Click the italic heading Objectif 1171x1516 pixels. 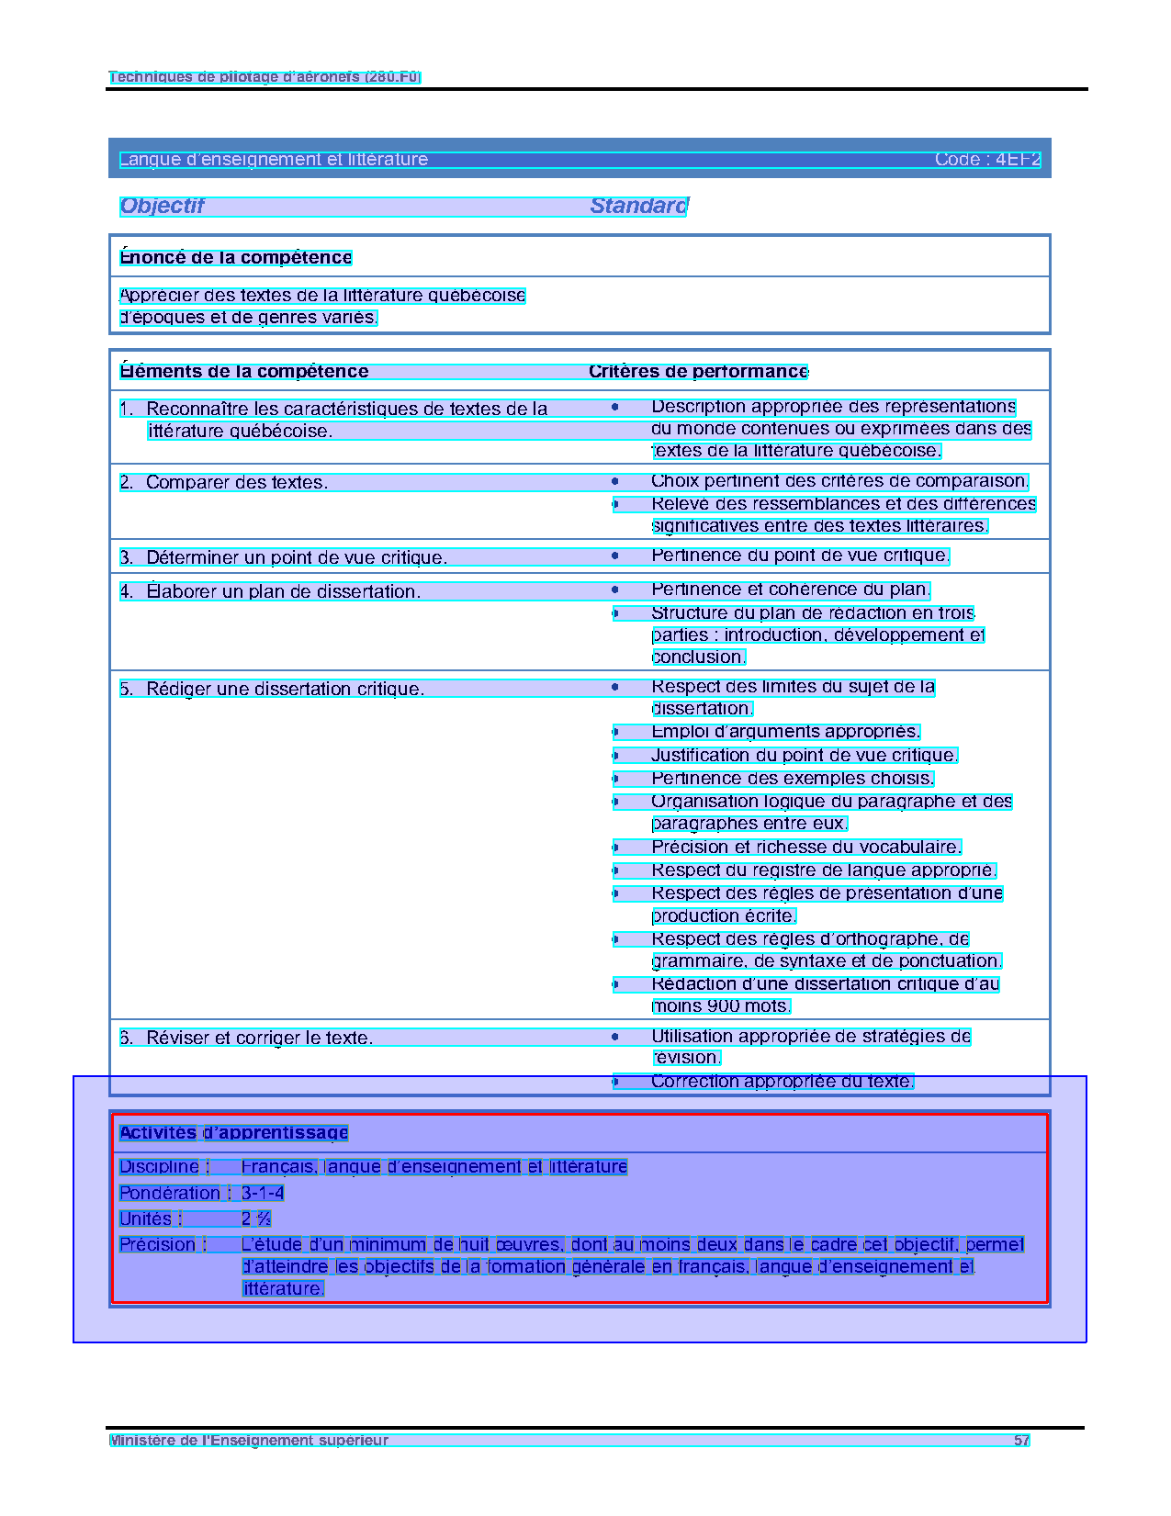[162, 206]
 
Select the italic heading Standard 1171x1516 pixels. [638, 206]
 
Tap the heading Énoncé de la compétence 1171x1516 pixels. [236, 258]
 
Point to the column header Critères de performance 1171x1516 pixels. [698, 372]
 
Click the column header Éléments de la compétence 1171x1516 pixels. [244, 372]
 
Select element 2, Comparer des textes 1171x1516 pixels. [236, 483]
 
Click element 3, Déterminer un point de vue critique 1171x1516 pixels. [296, 558]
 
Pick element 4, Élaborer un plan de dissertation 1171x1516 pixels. [283, 592]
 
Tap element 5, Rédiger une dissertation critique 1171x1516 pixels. [285, 690]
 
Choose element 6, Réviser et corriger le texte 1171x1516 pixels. [259, 1039]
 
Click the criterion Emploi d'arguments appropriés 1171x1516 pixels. [785, 732]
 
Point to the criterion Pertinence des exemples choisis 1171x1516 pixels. [792, 779]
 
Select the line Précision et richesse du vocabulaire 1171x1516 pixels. [805, 848]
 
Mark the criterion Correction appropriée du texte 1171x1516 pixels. [783, 1082]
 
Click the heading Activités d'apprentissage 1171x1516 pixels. [234, 1133]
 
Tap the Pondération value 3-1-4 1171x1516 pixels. [263, 1194]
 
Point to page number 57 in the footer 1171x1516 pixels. [1021, 1441]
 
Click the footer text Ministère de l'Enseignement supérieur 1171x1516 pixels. [249, 1441]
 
